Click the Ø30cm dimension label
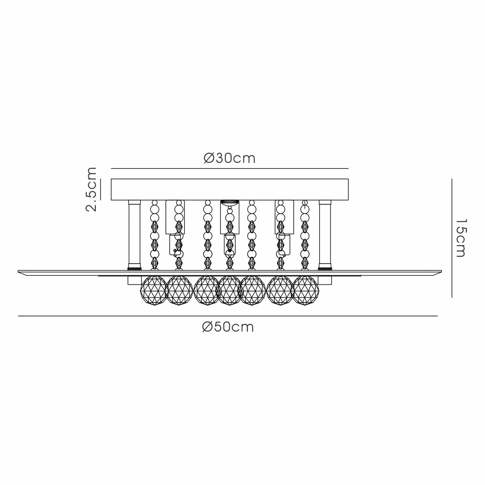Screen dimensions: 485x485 click(x=230, y=158)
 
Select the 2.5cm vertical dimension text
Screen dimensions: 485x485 click(x=91, y=189)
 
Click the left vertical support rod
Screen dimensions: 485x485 click(x=134, y=235)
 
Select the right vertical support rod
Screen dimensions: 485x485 click(x=325, y=235)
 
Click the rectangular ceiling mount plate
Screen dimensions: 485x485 click(x=230, y=189)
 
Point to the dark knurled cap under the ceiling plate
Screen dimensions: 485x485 click(x=230, y=202)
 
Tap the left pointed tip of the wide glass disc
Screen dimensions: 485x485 click(x=18, y=271)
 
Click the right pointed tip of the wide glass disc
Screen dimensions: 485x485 click(x=441, y=271)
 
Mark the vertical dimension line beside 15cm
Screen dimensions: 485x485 click(x=452, y=238)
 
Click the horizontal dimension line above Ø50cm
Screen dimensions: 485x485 click(x=228, y=316)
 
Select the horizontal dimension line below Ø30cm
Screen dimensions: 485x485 click(x=230, y=168)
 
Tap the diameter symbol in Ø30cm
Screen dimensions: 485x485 click(x=209, y=158)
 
